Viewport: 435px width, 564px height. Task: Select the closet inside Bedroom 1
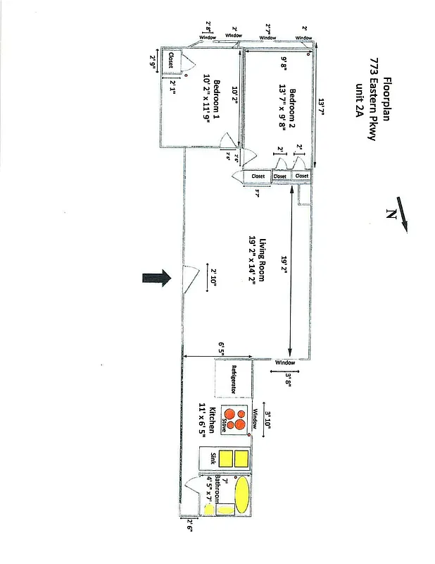click(x=172, y=61)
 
